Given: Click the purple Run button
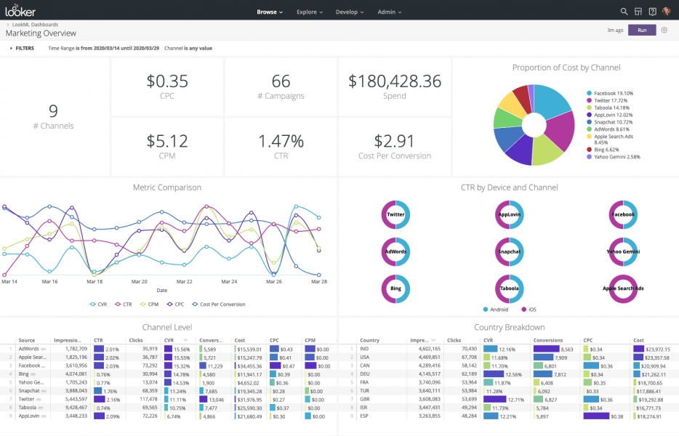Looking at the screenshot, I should (x=641, y=30).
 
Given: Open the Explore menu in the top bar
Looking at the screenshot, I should (x=310, y=12).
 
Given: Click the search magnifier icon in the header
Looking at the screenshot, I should (x=624, y=12).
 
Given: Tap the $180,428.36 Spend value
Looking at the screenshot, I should (x=395, y=81).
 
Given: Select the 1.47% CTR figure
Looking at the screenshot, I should (x=281, y=140).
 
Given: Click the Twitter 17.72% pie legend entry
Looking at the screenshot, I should (x=613, y=100).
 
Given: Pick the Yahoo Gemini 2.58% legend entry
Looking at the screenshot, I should (x=616, y=156).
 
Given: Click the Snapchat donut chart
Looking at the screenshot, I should (x=509, y=251).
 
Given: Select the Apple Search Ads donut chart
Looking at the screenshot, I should (x=623, y=288).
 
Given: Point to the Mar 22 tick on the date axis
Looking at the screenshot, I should (x=185, y=281).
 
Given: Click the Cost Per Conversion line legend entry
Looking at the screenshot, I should (x=219, y=304).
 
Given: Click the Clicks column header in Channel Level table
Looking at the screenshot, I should (x=136, y=339).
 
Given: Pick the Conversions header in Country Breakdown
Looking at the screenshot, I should (x=547, y=339).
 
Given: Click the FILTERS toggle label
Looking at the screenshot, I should (x=24, y=48).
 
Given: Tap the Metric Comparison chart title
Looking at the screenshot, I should (x=167, y=187).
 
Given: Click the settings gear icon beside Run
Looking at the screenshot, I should (x=664, y=30).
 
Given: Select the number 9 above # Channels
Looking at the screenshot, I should (x=53, y=111).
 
